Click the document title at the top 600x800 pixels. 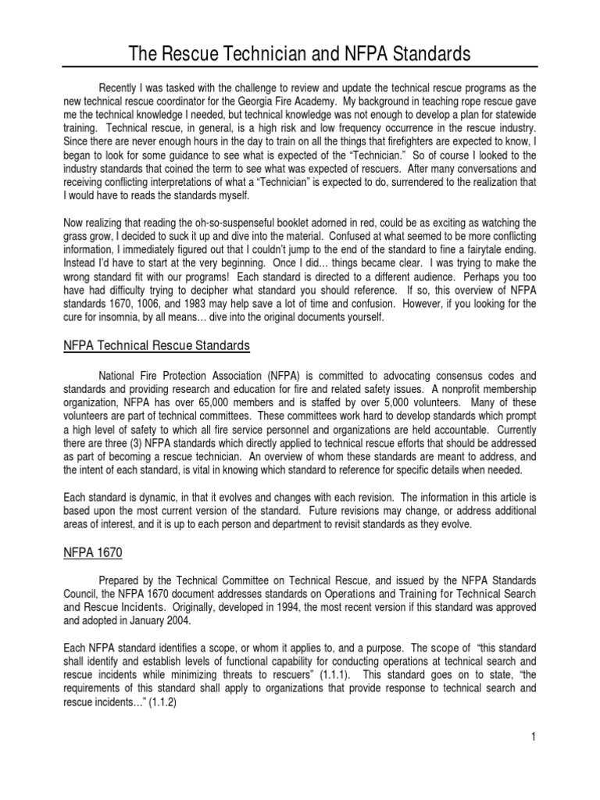pos(300,54)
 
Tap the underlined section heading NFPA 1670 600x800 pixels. pos(93,552)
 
